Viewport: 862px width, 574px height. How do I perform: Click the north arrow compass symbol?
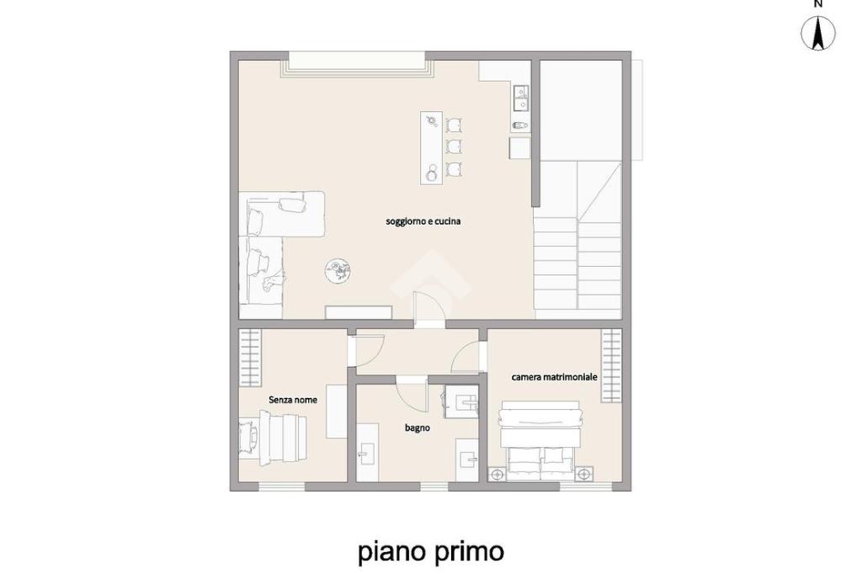click(818, 33)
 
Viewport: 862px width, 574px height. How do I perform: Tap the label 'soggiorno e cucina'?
click(423, 221)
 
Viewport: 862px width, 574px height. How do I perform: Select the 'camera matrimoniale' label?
click(554, 377)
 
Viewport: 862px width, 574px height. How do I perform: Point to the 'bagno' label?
click(418, 428)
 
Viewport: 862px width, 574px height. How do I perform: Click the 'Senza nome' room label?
click(292, 400)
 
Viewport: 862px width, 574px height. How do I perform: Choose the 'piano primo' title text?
click(431, 551)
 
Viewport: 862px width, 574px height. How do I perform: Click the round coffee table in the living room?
click(338, 271)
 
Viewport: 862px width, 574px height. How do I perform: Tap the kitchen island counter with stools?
click(432, 148)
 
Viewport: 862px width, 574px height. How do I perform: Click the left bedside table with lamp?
click(497, 474)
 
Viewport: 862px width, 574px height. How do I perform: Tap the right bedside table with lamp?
click(584, 473)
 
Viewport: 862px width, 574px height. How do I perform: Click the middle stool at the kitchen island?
click(454, 146)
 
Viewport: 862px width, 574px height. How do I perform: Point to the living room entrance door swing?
click(428, 310)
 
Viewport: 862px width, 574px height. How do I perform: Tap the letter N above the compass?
click(818, 4)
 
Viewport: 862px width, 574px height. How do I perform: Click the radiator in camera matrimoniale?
click(611, 365)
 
